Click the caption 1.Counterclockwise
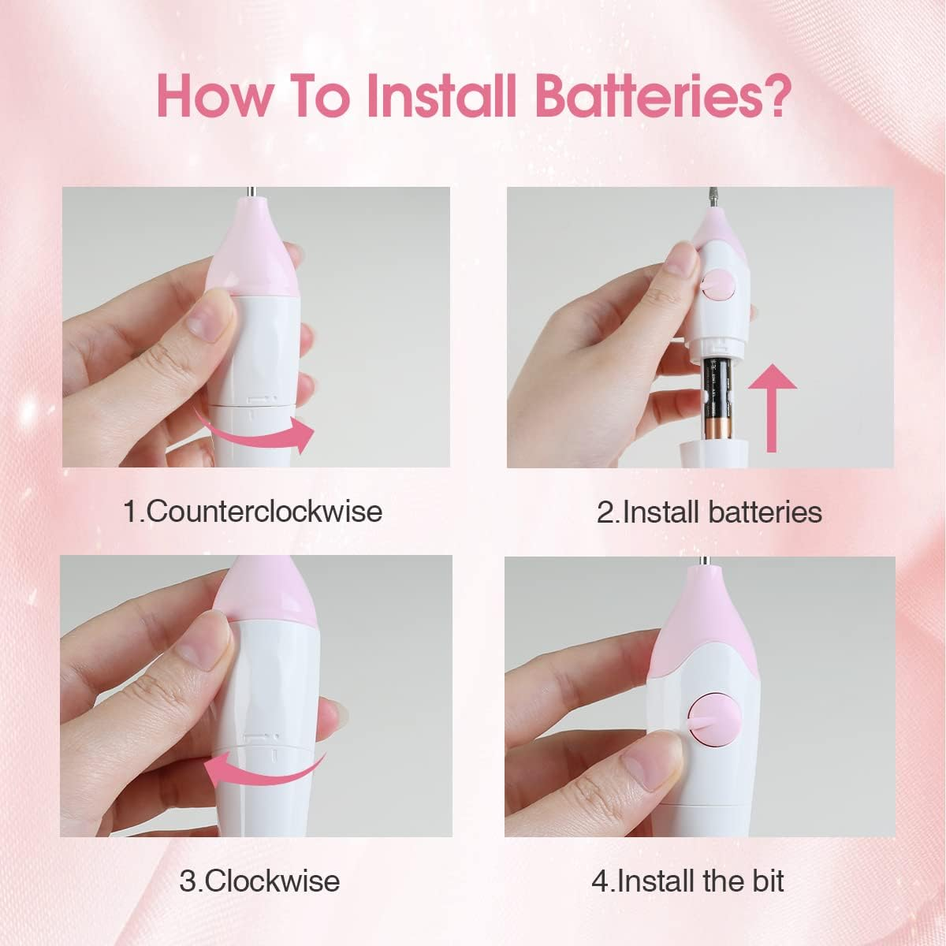pyautogui.click(x=253, y=511)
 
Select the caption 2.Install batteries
pyautogui.click(x=709, y=512)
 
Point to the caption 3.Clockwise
pyautogui.click(x=259, y=880)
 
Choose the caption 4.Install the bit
pyautogui.click(x=687, y=881)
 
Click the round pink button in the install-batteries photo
pyautogui.click(x=717, y=285)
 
